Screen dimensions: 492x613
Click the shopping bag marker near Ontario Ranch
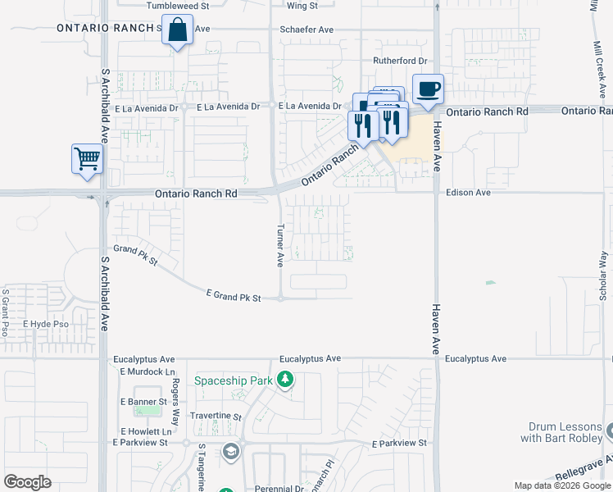click(x=178, y=31)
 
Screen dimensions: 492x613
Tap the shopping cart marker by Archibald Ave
click(x=88, y=159)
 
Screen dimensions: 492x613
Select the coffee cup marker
click(x=427, y=89)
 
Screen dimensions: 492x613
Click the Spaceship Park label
click(x=234, y=380)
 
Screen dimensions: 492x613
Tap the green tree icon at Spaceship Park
click(x=285, y=380)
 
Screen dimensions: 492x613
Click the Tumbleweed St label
click(x=179, y=6)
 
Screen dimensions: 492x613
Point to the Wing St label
click(x=302, y=6)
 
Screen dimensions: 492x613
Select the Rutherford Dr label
click(x=401, y=61)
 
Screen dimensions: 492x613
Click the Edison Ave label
click(x=468, y=193)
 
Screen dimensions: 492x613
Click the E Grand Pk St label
click(x=233, y=295)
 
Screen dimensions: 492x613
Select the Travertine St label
click(x=216, y=417)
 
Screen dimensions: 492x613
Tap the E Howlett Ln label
click(x=147, y=431)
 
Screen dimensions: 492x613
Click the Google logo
click(x=27, y=482)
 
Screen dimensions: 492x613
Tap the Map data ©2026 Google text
click(x=562, y=485)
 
